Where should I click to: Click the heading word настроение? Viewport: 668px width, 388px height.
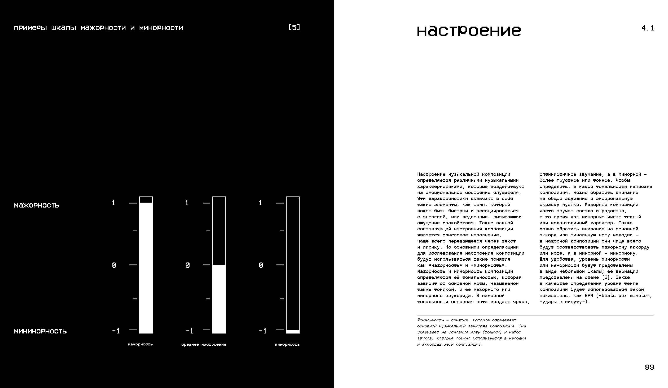pos(469,31)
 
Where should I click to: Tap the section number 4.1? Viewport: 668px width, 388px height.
pos(647,28)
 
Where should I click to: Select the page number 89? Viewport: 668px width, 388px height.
pos(649,367)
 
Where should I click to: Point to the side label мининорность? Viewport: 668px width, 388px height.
pos(40,331)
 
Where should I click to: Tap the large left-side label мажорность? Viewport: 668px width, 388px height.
pos(37,205)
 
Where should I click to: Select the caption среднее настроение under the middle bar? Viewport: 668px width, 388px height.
pos(204,345)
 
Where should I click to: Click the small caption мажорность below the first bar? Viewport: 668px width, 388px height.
pos(140,345)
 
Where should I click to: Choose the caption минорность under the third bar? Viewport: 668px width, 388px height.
pos(287,345)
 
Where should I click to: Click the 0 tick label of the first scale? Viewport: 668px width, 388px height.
pos(114,265)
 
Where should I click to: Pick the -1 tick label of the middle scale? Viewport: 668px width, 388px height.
pos(189,331)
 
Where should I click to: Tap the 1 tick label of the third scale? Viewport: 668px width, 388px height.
pos(260,203)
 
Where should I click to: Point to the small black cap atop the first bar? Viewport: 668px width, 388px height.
pos(146,200)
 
